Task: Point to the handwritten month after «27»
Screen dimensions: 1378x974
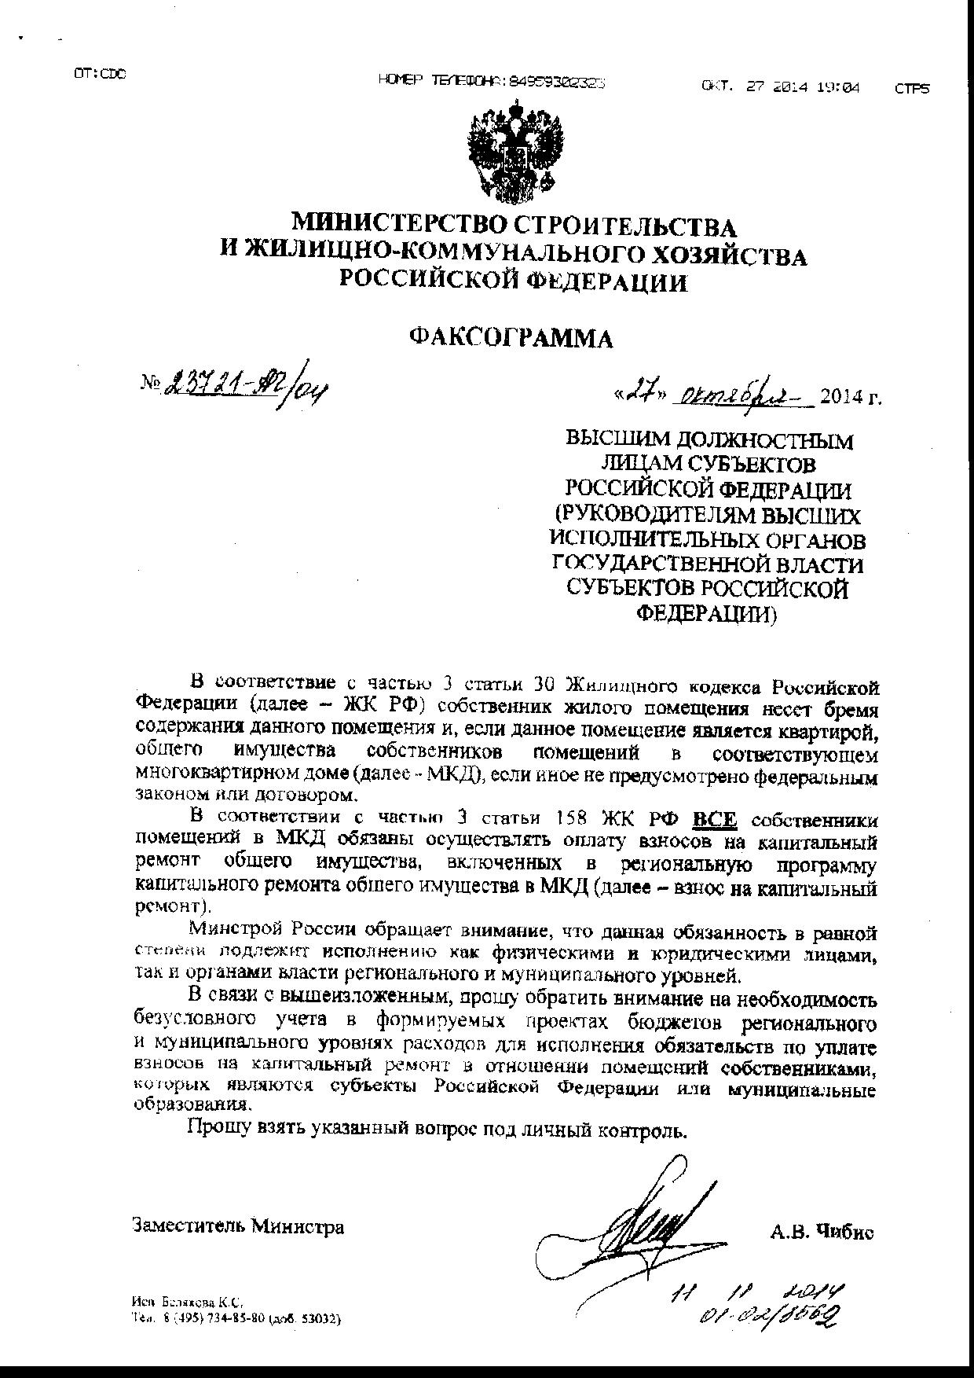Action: [737, 395]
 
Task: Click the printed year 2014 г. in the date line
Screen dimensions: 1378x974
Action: [851, 397]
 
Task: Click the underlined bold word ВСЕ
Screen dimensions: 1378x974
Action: [715, 820]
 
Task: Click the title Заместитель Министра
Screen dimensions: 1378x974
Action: [239, 1226]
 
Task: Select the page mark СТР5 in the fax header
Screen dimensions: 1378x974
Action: [911, 89]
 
